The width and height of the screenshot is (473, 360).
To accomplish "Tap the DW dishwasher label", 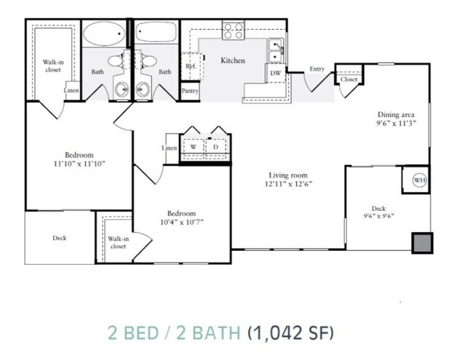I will click(x=276, y=73).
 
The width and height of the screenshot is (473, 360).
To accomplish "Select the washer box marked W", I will click(x=193, y=147).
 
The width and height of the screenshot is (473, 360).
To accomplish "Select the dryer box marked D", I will click(x=216, y=147).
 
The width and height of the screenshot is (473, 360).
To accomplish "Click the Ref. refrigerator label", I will click(x=191, y=66).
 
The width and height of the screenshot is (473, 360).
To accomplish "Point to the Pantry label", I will click(x=190, y=91).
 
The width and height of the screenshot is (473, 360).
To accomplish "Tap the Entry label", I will click(x=317, y=69).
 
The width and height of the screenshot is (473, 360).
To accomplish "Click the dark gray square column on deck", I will click(x=421, y=242).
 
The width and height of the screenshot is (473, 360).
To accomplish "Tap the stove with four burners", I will click(x=233, y=31).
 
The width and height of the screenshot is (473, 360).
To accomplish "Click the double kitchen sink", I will click(x=276, y=52).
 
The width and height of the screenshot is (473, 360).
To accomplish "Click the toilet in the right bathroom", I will click(x=144, y=89).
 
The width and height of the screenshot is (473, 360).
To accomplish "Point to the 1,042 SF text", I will click(x=292, y=333).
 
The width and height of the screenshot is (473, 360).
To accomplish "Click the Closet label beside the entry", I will click(x=349, y=79).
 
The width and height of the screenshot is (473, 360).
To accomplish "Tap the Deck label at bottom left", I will click(x=60, y=238).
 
